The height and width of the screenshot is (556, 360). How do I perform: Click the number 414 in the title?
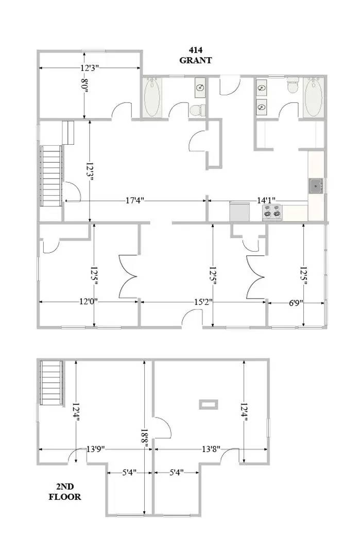point(195,50)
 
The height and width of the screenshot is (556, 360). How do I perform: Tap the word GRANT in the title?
point(195,60)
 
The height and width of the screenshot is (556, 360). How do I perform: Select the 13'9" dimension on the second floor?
point(96,449)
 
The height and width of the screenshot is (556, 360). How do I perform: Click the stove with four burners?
point(273,211)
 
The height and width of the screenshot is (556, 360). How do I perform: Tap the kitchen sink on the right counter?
point(315,185)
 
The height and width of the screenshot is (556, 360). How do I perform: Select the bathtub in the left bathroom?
point(152,98)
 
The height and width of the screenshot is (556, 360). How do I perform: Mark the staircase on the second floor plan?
point(52,384)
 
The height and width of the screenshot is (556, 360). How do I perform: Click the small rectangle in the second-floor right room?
point(209,404)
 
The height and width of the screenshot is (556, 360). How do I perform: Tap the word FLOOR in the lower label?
point(65,497)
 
